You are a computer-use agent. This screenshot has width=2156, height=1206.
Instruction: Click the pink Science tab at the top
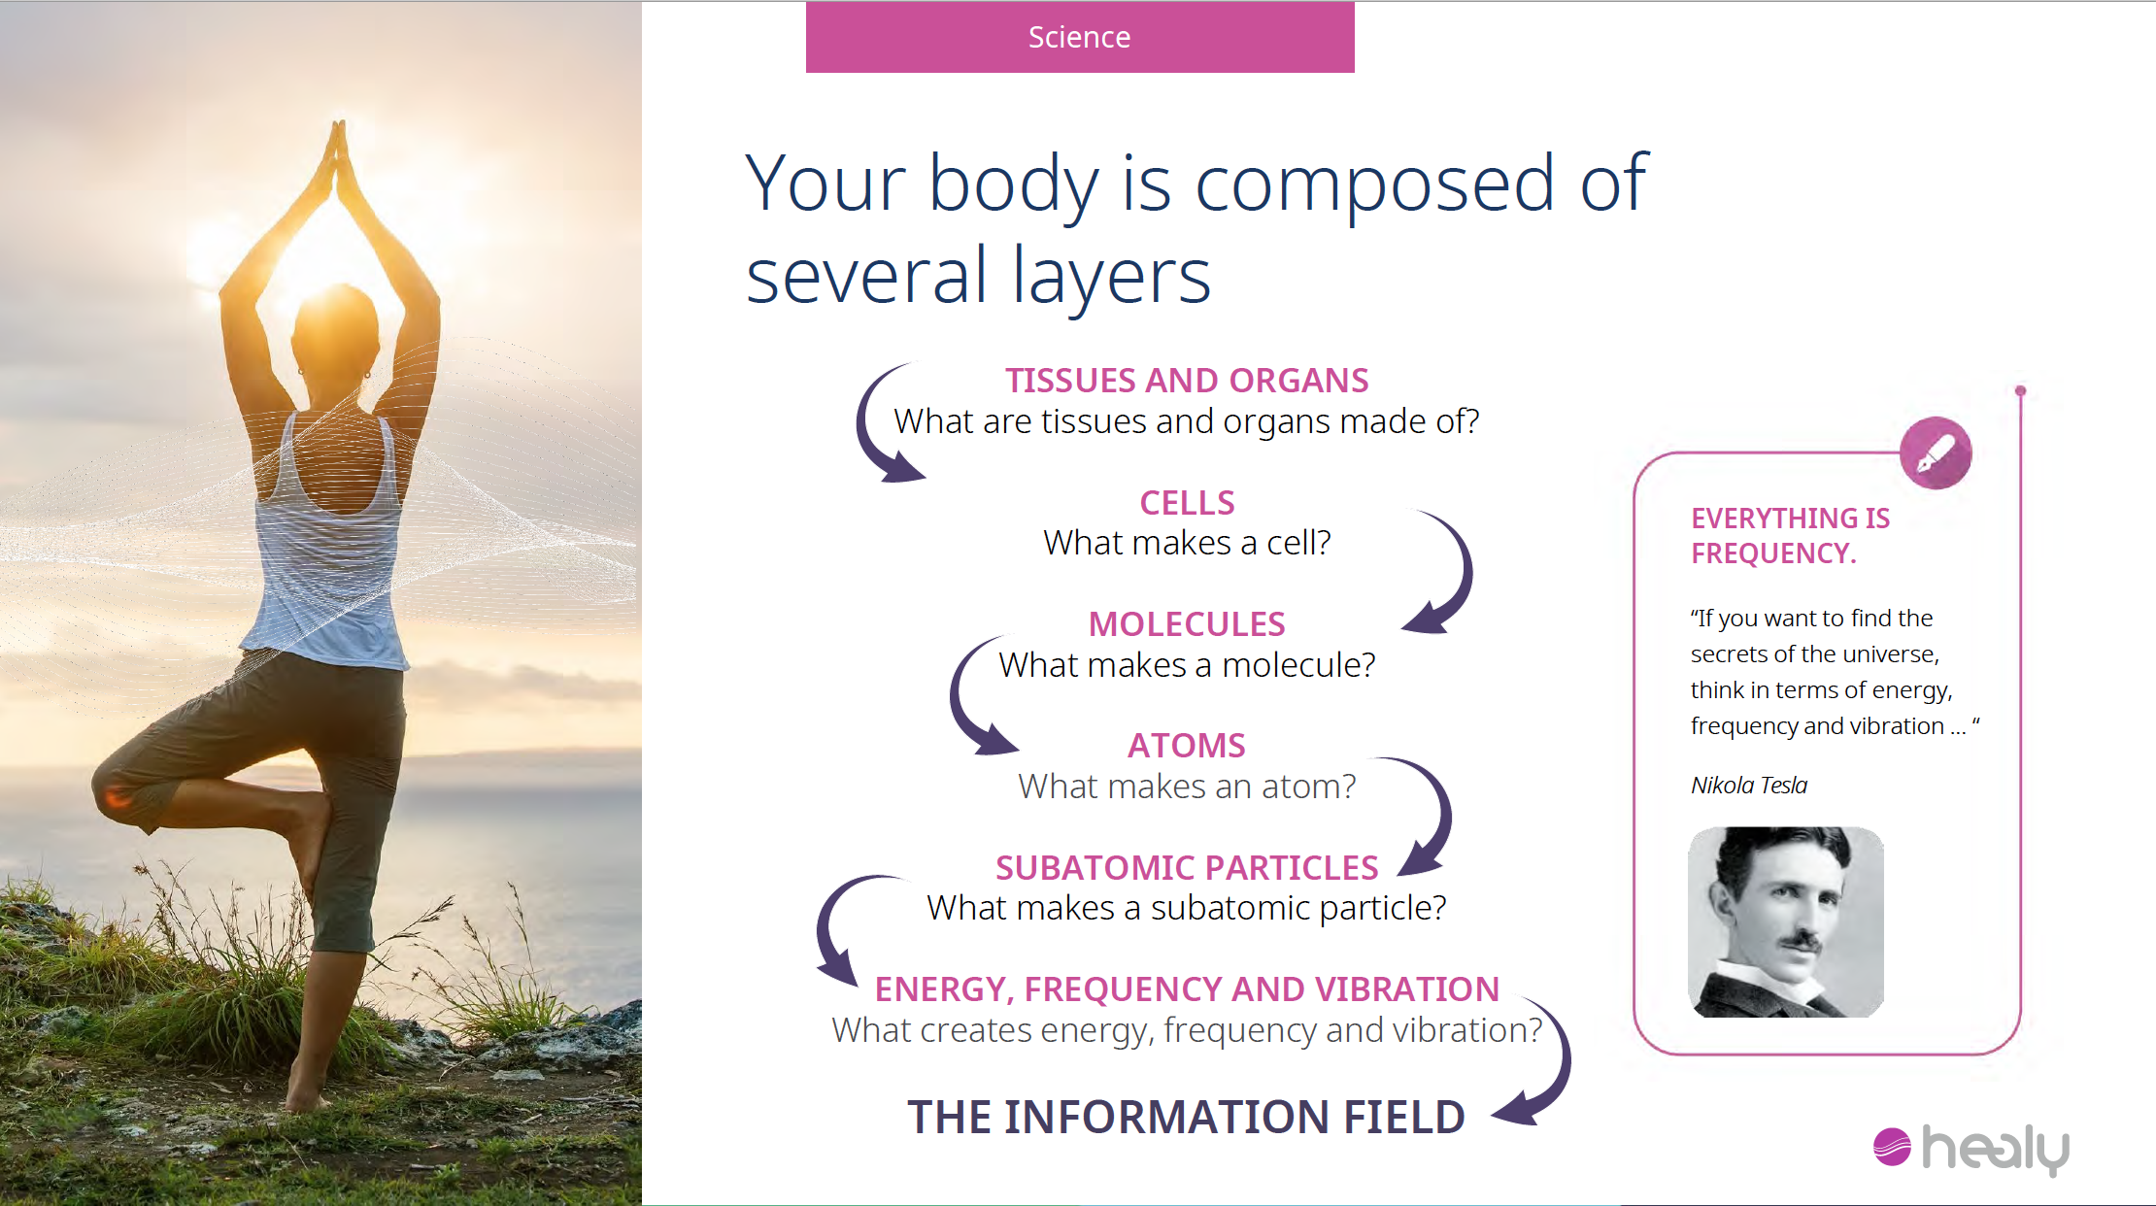pos(1080,37)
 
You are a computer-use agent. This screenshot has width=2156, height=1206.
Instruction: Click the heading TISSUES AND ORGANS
pos(1187,381)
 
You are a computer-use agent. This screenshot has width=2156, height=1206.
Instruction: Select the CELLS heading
pos(1187,503)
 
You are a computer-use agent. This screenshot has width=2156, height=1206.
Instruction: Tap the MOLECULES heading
pos(1187,624)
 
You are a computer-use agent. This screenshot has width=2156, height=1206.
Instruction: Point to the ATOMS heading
pos(1187,746)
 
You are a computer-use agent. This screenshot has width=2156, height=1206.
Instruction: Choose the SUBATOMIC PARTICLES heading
pos(1187,868)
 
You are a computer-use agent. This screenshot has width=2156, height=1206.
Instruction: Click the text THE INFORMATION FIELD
pos(1186,1117)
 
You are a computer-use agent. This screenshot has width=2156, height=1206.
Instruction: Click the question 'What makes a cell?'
pos(1187,543)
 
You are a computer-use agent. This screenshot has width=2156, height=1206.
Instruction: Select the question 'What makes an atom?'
pos(1187,787)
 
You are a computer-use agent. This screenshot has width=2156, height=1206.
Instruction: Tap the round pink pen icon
pos(1936,453)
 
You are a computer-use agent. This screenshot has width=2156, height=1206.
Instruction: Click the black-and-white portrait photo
pos(1786,921)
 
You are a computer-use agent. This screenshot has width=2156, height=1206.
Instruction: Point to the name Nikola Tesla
pos(1749,785)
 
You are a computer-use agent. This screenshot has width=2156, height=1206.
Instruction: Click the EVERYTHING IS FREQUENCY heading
pos(1790,536)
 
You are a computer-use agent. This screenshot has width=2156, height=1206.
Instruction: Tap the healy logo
pos(1971,1149)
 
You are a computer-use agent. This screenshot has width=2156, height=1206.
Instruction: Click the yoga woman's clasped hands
pos(337,155)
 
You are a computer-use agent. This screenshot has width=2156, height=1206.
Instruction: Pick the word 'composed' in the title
pos(1374,184)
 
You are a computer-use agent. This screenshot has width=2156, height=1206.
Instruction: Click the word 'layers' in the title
pos(1111,278)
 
